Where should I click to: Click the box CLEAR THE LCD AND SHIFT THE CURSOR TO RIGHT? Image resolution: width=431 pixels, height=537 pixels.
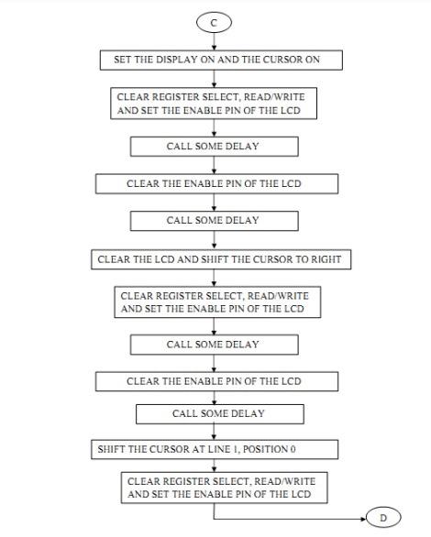(x=219, y=259)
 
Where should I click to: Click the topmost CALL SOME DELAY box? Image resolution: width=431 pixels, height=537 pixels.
(x=213, y=146)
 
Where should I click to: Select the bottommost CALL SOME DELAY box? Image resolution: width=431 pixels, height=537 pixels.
(x=218, y=413)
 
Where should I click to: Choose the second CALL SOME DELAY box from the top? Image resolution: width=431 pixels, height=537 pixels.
(x=213, y=220)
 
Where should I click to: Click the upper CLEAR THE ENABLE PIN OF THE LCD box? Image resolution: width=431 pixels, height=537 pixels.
(x=214, y=183)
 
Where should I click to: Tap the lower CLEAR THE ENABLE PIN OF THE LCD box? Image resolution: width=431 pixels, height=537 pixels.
(x=214, y=380)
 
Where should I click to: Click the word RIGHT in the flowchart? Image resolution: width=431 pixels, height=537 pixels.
(x=323, y=259)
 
